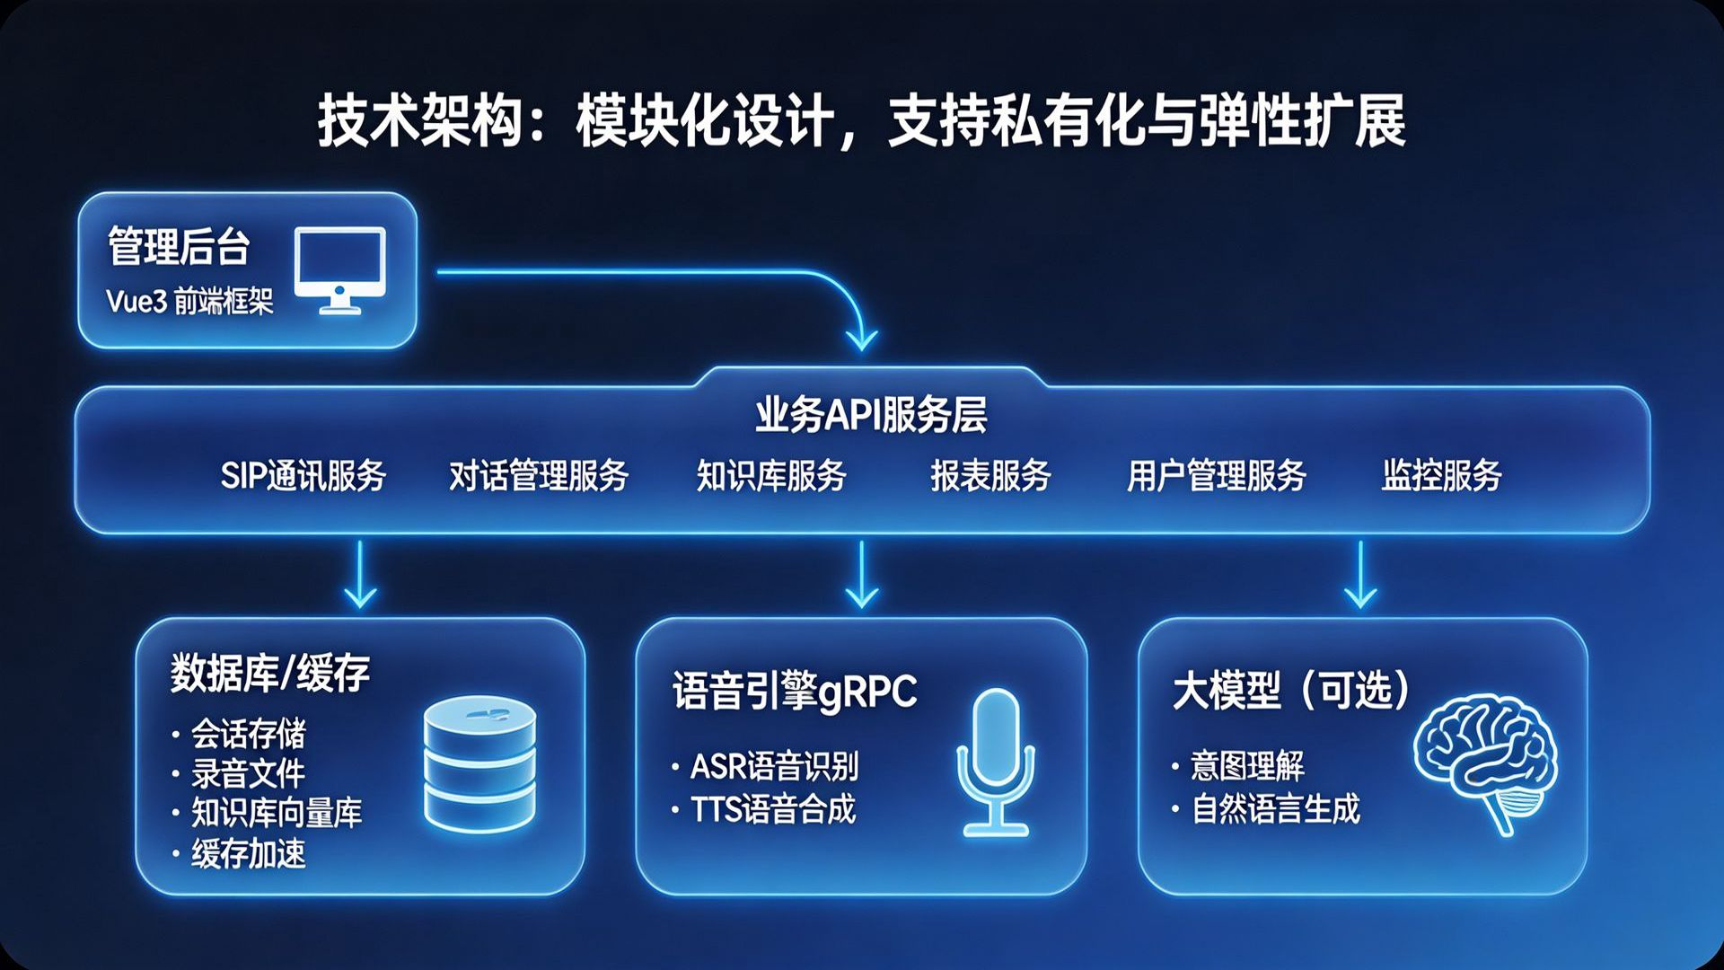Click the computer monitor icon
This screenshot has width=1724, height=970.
[x=340, y=270]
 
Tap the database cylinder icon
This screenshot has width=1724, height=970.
[x=479, y=765]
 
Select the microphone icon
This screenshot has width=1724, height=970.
[x=995, y=762]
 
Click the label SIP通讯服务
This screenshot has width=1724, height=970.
[x=303, y=475]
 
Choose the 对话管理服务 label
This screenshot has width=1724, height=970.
[x=539, y=475]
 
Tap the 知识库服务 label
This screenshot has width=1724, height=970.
[x=771, y=475]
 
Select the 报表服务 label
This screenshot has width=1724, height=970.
[x=990, y=475]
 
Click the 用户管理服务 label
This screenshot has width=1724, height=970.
[x=1217, y=475]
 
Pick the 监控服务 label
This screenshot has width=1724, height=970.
[x=1442, y=475]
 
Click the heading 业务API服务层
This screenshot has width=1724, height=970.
[x=871, y=415]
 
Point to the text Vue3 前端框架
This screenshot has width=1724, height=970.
[x=189, y=301]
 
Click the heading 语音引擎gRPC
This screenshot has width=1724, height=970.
[x=795, y=692]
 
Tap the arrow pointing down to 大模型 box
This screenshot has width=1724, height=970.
[x=1360, y=575]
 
